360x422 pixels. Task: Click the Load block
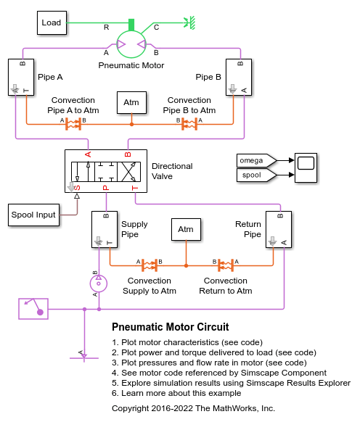pyautogui.click(x=52, y=22)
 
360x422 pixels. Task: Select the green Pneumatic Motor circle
pyautogui.click(x=131, y=44)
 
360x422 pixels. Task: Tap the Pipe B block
pyautogui.click(x=240, y=77)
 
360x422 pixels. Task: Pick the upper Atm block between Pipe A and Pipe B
pyautogui.click(x=131, y=102)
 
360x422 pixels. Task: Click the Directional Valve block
pyautogui.click(x=105, y=171)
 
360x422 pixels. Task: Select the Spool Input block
pyautogui.click(x=33, y=215)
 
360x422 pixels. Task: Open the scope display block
pyautogui.click(x=304, y=167)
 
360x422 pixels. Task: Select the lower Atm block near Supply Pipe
pyautogui.click(x=187, y=230)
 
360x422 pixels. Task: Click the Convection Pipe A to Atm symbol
pyautogui.click(x=73, y=124)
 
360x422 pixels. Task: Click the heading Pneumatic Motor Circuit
pyautogui.click(x=171, y=327)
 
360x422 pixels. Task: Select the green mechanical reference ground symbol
pyautogui.click(x=191, y=22)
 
